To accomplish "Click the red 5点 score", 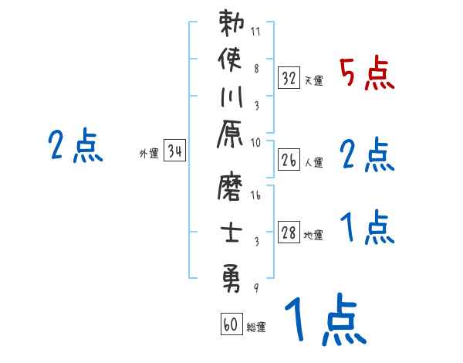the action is pyautogui.click(x=367, y=74).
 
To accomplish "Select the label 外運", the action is pyautogui.click(x=149, y=153).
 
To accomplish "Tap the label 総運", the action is pyautogui.click(x=257, y=327).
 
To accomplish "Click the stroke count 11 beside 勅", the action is pyautogui.click(x=256, y=32).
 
